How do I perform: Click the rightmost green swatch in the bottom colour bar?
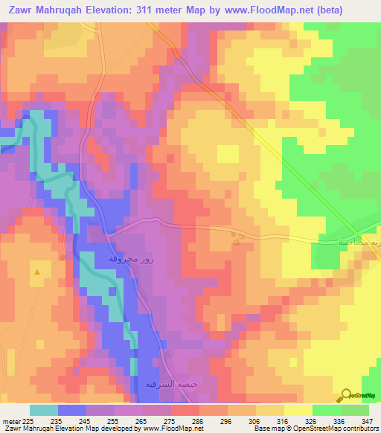point(355,410)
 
